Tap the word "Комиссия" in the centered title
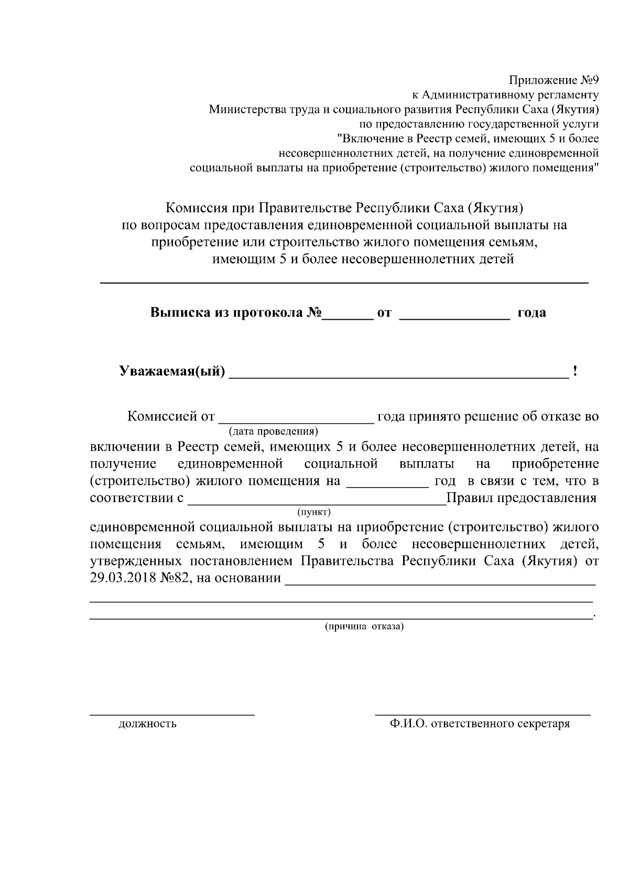[x=196, y=209]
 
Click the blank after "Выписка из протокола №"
[x=346, y=316]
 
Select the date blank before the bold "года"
[x=454, y=316]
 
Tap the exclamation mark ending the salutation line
[x=576, y=372]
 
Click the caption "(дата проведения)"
[x=273, y=431]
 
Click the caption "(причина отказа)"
[x=364, y=626]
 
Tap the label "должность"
[x=147, y=724]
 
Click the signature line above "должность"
[x=172, y=714]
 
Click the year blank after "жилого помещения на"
[x=387, y=486]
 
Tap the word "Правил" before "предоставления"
[x=464, y=497]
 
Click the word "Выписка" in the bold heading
[x=180, y=312]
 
